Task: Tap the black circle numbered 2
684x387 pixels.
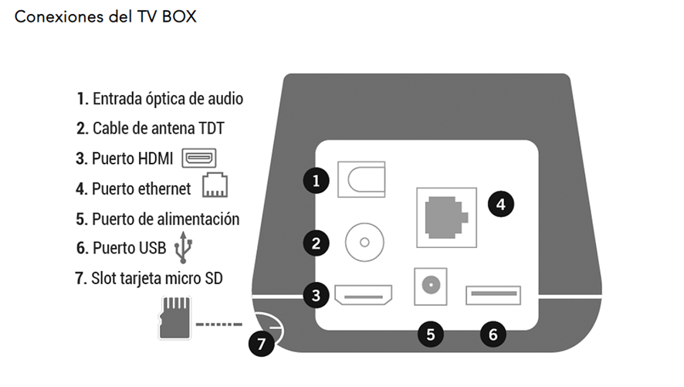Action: pyautogui.click(x=316, y=243)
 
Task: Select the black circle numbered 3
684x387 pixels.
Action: pyautogui.click(x=316, y=294)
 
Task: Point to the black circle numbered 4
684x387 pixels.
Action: pyautogui.click(x=500, y=204)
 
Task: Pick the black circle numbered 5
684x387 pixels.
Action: pyautogui.click(x=431, y=334)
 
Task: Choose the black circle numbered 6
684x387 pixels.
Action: pyautogui.click(x=493, y=334)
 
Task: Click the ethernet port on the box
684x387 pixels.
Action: pyautogui.click(x=446, y=216)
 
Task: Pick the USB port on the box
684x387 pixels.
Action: pyautogui.click(x=493, y=295)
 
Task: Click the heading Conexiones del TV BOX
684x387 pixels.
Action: pyautogui.click(x=106, y=16)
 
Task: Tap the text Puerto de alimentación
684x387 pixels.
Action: pyautogui.click(x=157, y=219)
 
